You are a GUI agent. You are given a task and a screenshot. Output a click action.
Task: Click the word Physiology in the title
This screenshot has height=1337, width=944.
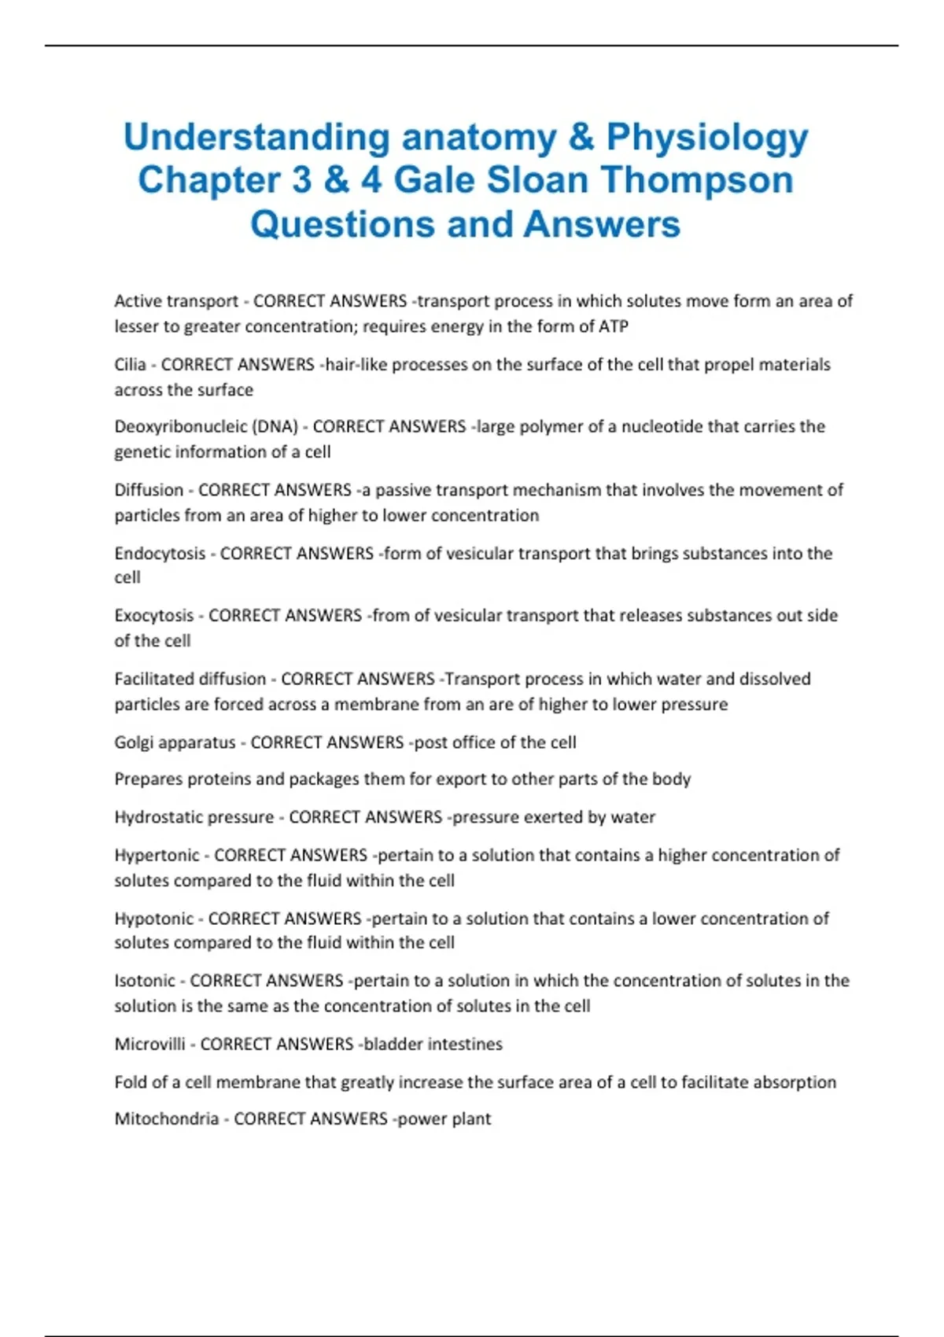point(706,138)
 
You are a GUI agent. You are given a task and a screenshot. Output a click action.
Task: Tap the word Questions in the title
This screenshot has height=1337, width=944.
point(342,224)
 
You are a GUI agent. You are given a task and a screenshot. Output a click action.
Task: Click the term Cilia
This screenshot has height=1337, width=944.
point(130,365)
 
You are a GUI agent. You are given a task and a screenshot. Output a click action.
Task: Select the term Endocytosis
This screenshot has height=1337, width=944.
point(160,554)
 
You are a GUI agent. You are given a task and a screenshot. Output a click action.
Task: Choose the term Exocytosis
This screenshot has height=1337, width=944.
point(153,616)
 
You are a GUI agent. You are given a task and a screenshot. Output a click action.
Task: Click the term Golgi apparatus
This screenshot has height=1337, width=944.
point(175,742)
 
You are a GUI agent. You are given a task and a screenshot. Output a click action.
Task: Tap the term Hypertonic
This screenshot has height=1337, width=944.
point(157,856)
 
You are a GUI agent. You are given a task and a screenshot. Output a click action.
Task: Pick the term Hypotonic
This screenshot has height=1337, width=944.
point(153,919)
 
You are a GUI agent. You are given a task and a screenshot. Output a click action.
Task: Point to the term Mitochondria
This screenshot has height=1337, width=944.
point(166,1119)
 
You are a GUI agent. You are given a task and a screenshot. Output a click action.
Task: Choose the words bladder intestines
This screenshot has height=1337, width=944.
point(433,1044)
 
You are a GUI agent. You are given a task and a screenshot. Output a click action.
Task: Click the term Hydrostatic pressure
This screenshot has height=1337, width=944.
point(194,817)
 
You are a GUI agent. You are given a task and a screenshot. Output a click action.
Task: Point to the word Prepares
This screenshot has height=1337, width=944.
point(149,779)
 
